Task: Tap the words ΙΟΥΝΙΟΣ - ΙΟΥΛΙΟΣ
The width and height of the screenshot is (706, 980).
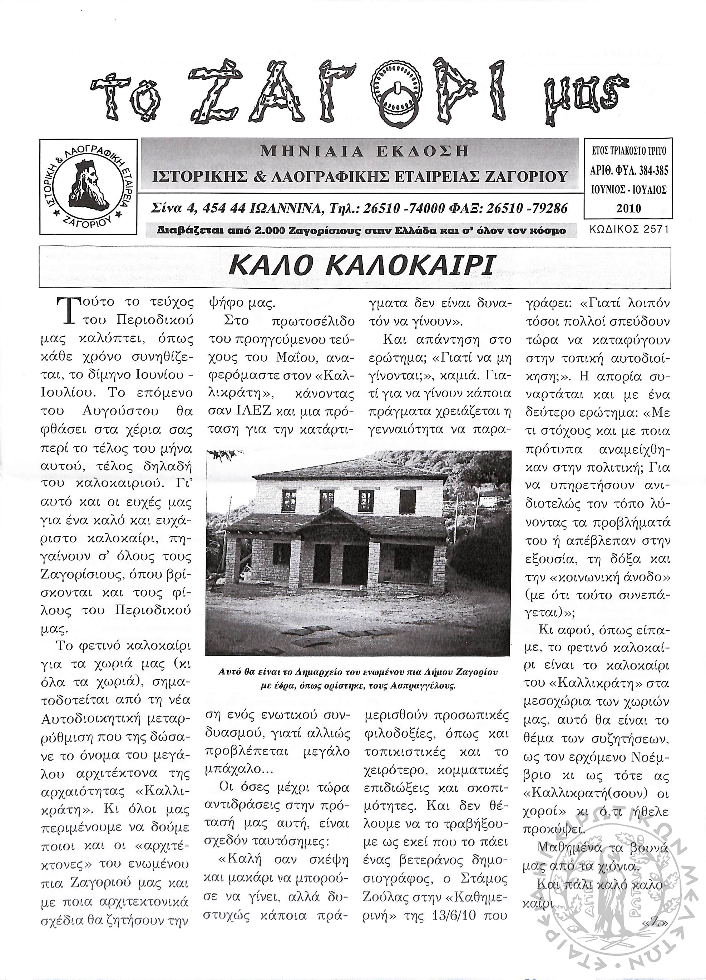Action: [x=628, y=189]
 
